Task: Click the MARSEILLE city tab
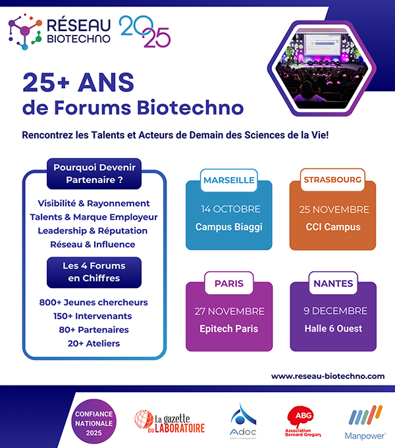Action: click(229, 180)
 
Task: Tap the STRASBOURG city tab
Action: click(332, 180)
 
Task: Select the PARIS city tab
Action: click(229, 283)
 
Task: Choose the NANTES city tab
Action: click(333, 283)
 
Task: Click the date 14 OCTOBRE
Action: click(230, 209)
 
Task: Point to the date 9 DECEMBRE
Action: click(335, 311)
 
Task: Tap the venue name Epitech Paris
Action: click(229, 329)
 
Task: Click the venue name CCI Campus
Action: click(333, 227)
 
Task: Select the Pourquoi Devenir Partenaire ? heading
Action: click(94, 174)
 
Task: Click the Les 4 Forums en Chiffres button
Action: click(94, 272)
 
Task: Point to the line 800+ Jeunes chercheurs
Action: click(93, 303)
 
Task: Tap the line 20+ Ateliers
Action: click(93, 343)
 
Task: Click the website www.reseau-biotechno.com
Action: click(328, 376)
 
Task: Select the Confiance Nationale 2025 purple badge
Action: click(94, 422)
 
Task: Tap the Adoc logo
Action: click(243, 422)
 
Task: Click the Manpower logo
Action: click(365, 422)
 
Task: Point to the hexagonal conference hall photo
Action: click(322, 68)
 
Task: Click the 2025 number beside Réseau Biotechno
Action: click(145, 31)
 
